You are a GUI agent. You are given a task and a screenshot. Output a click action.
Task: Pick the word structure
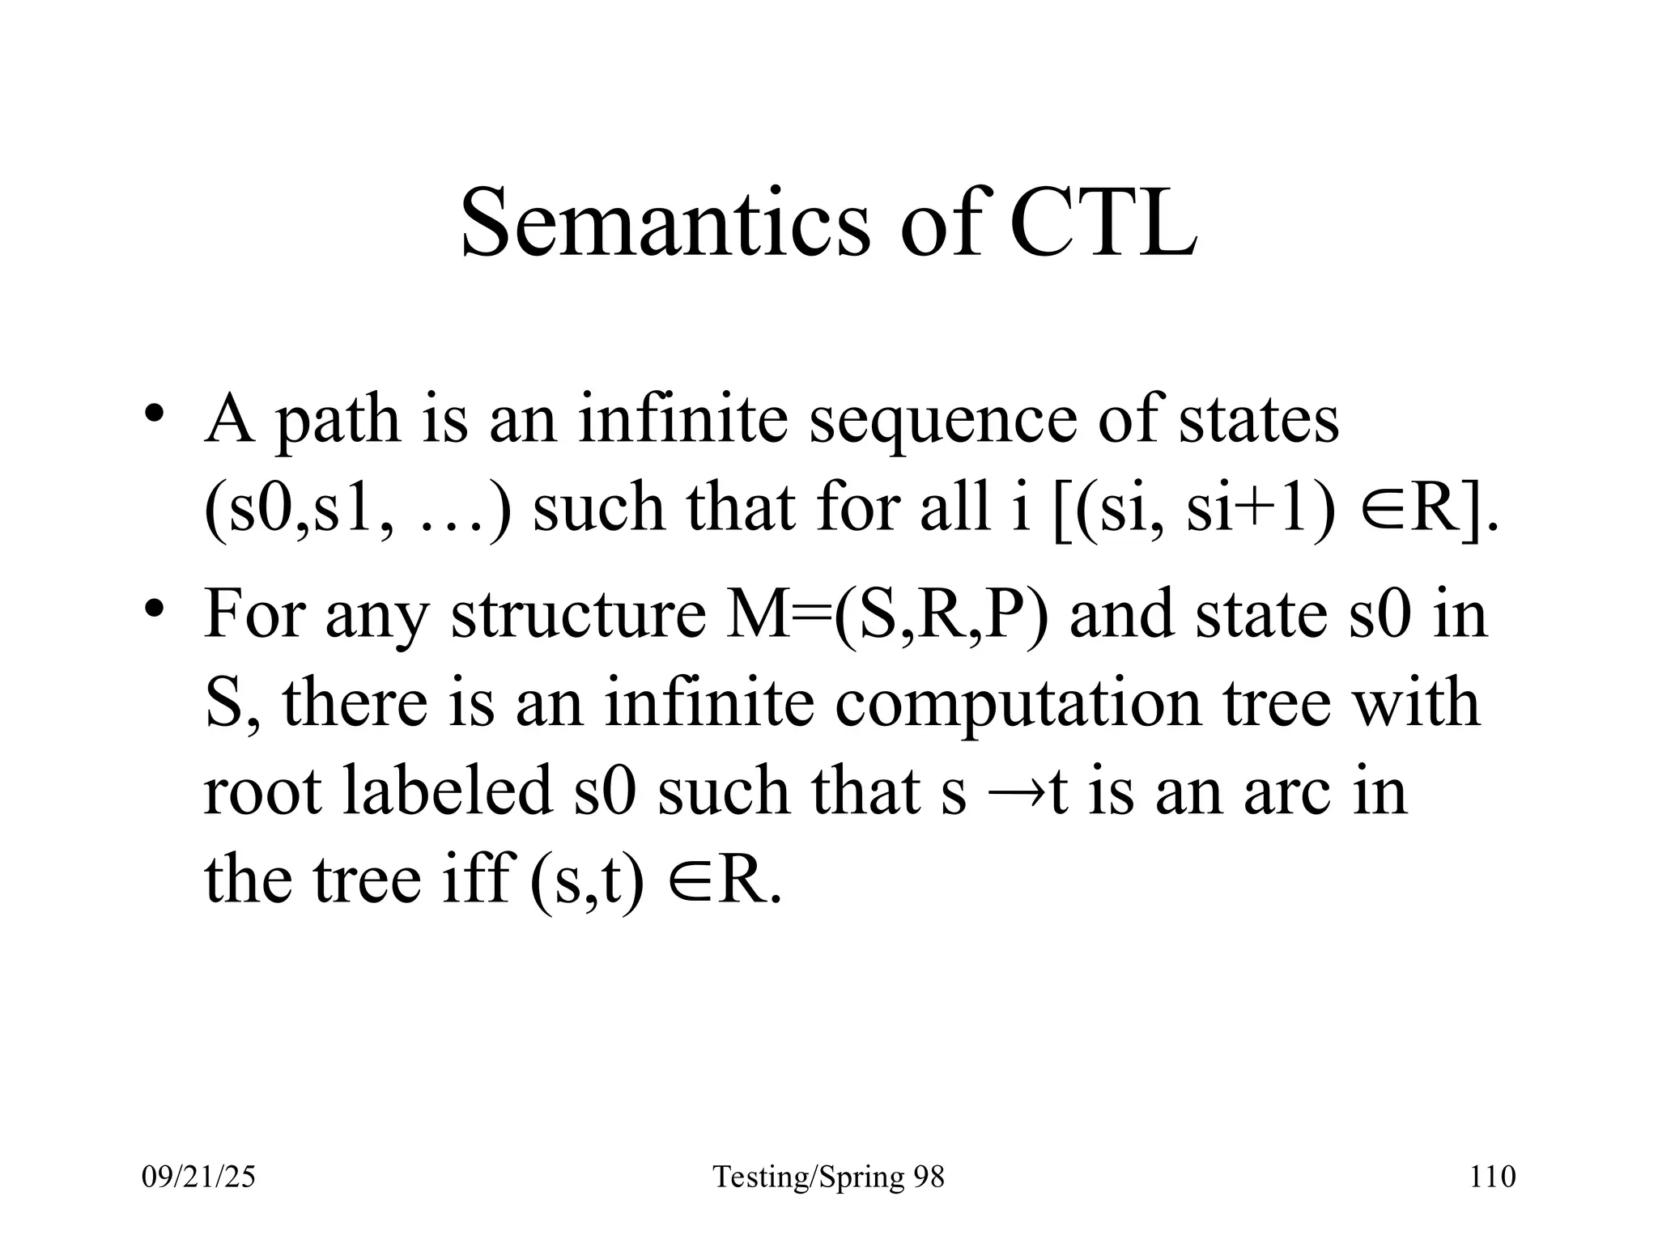pyautogui.click(x=578, y=613)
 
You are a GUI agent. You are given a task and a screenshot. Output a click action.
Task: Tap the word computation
pyautogui.click(x=1018, y=702)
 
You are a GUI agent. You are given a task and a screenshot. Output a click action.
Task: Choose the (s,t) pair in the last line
pyautogui.click(x=587, y=880)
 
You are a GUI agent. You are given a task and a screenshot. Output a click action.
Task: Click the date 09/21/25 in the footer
pyautogui.click(x=198, y=1177)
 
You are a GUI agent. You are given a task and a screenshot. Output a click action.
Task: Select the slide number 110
pyautogui.click(x=1492, y=1177)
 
